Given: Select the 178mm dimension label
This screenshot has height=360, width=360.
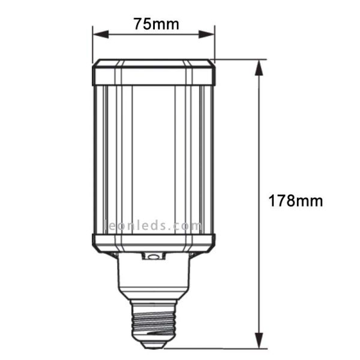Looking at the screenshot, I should pos(295,200).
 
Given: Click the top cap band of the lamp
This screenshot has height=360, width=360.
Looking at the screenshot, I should pos(154,72).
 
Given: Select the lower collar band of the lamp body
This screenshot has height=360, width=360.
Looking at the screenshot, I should pos(154,242).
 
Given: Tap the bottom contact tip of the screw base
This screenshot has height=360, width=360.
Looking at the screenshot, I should pos(154,344).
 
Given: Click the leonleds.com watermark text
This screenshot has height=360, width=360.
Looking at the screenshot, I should pos(154,227).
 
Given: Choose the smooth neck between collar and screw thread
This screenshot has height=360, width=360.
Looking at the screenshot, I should pos(154,279).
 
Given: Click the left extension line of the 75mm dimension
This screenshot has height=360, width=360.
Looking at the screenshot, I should pos(92,45).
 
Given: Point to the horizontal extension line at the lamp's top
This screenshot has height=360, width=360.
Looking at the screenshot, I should pos(240,59).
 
